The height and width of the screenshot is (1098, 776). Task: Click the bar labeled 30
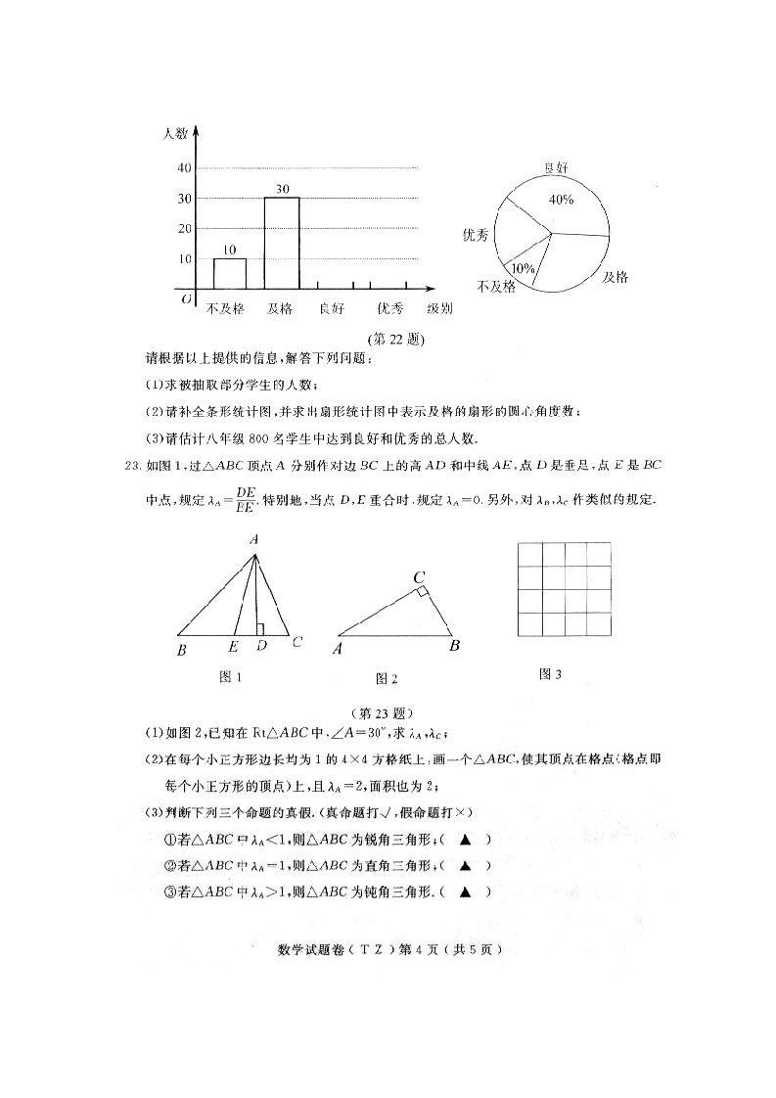(x=282, y=243)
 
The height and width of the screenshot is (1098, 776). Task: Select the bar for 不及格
(x=230, y=273)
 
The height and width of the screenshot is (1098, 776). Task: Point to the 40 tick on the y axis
(x=184, y=167)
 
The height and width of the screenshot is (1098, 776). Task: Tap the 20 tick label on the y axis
(x=184, y=228)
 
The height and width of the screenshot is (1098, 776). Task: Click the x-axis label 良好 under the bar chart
(x=332, y=309)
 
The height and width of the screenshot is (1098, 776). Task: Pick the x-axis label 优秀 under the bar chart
(x=389, y=309)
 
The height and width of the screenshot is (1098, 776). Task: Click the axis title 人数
(x=175, y=133)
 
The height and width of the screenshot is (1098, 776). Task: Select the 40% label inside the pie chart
(x=561, y=200)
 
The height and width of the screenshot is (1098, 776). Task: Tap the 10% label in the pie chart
(x=523, y=267)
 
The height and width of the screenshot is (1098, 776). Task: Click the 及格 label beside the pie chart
(x=615, y=277)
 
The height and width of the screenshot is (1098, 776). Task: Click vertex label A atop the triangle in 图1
(x=253, y=539)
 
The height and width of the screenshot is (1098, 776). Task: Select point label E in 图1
(x=233, y=646)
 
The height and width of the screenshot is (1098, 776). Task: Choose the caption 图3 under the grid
(x=552, y=674)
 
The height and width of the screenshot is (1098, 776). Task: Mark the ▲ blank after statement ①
(x=466, y=839)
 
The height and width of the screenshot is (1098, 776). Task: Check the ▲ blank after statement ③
(x=466, y=892)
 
